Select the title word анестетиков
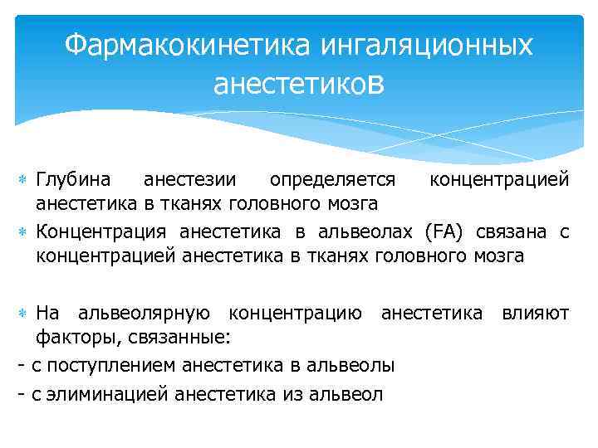pyautogui.click(x=299, y=83)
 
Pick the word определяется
pyautogui.click(x=336, y=180)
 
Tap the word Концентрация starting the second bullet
pyautogui.click(x=100, y=231)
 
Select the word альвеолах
pyautogui.click(x=373, y=231)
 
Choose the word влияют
pyautogui.click(x=535, y=313)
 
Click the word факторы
pyautogui.click(x=72, y=338)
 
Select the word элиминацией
pyautogui.click(x=103, y=393)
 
